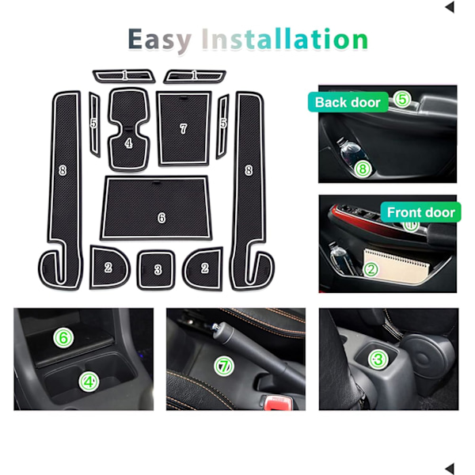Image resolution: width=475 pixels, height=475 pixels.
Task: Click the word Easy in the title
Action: [x=159, y=40]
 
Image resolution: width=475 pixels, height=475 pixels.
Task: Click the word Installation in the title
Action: [x=285, y=39]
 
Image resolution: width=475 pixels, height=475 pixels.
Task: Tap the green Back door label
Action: [x=348, y=102]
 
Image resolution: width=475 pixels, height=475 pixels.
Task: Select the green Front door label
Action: [x=421, y=212]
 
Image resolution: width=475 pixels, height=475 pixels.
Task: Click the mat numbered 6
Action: [x=156, y=207]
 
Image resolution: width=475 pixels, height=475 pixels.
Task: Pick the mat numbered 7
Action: [x=184, y=128]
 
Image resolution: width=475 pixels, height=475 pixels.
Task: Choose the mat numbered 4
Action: [x=129, y=129]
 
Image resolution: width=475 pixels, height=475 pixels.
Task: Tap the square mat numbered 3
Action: [x=156, y=269]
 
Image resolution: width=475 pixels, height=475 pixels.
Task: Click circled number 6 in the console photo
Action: [x=63, y=338]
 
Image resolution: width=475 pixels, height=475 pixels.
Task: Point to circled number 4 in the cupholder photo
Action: [x=89, y=382]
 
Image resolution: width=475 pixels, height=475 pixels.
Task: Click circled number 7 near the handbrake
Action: [x=224, y=367]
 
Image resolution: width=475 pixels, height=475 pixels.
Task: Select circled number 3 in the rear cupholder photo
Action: [x=378, y=359]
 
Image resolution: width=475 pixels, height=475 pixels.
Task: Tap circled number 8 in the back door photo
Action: [x=363, y=169]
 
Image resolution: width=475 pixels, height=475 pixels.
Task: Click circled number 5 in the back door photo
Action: [x=402, y=99]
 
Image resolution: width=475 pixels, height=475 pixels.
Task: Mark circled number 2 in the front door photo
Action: [x=370, y=269]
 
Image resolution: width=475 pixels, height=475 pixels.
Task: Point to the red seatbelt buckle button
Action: [x=277, y=403]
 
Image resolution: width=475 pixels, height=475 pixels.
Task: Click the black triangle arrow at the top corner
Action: [x=450, y=7]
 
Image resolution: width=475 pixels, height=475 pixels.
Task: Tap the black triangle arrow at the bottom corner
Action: [x=450, y=469]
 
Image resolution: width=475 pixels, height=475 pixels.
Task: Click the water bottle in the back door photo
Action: [x=352, y=155]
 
